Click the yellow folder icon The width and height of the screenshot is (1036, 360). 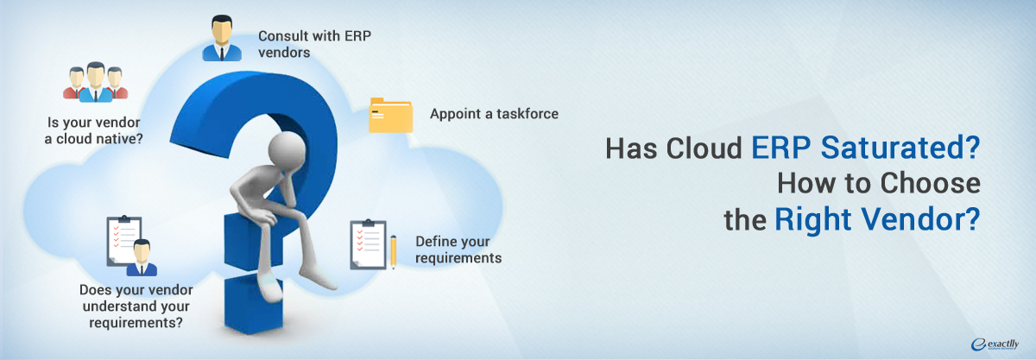coord(391,115)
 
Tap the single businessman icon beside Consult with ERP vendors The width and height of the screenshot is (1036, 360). coord(222,38)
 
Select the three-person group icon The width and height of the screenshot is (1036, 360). coord(95,82)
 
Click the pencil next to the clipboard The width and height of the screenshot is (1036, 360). coord(393,252)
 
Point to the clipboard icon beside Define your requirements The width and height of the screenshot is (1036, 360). coord(368,245)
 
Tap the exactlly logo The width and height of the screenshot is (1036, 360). coord(995,344)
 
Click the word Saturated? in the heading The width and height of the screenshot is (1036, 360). coord(900,148)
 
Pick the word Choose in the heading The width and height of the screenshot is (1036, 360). coord(930,183)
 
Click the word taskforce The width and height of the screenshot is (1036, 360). coord(527,114)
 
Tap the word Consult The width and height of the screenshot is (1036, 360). coord(283,35)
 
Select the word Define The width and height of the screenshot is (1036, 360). coord(435,241)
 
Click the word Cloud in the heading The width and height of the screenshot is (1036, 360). coord(704,148)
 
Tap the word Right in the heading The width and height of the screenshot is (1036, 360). coord(813,219)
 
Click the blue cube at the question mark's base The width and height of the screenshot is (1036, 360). coord(254,304)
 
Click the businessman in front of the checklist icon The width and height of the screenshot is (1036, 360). coord(142,258)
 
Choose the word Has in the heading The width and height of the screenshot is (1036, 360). coord(631,148)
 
